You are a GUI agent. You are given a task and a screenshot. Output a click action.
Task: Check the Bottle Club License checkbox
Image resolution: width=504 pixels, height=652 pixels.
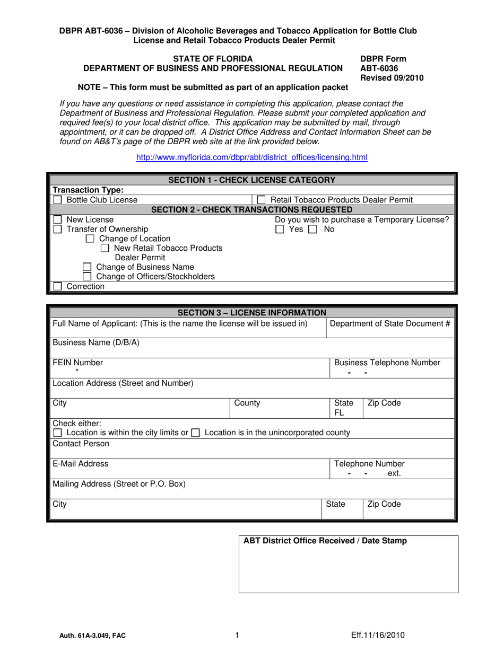point(57,200)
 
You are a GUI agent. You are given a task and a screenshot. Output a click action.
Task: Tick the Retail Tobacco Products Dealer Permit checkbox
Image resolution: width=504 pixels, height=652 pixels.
point(261,200)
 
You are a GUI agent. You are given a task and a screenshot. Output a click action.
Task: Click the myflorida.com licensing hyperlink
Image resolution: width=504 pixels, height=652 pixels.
point(252,157)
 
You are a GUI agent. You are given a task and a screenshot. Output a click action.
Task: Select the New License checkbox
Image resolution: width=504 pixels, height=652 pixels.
point(57,219)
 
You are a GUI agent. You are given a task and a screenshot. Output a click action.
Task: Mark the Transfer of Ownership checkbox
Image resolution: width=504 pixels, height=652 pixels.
point(57,229)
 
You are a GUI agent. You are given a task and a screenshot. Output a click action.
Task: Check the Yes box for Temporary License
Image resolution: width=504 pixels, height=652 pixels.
point(280,230)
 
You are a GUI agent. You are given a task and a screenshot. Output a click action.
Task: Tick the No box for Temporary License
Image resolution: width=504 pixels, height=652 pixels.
point(313,230)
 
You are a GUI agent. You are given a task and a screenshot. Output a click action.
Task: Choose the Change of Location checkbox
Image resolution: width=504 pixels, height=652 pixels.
point(90,239)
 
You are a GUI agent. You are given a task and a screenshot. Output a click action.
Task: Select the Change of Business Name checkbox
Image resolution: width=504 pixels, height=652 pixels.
point(88,267)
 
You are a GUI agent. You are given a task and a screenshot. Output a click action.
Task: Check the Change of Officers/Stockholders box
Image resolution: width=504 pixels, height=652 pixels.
point(88,277)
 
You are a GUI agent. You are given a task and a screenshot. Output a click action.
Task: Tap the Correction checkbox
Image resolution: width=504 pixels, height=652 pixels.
point(57,287)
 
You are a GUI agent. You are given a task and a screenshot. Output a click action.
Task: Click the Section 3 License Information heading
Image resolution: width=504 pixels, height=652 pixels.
point(251,313)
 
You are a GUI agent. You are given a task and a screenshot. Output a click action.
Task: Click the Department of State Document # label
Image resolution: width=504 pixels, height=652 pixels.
point(390,324)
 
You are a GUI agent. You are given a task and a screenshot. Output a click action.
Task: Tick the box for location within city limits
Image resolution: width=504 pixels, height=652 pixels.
point(57,433)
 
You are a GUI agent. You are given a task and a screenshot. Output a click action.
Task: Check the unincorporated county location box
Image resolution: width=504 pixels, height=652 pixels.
point(195,433)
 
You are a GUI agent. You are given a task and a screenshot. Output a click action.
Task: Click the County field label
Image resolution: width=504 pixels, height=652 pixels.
point(247,403)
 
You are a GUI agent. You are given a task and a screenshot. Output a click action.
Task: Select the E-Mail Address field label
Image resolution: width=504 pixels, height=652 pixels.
point(80,464)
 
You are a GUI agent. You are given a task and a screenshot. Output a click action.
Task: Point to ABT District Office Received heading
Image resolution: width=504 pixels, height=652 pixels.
point(325,541)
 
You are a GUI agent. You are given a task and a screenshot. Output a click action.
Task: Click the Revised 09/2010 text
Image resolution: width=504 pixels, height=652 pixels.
point(392,78)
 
